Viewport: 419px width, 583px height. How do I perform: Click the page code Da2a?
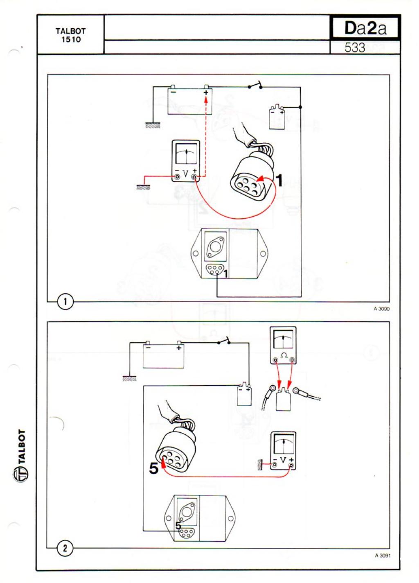tap(365, 28)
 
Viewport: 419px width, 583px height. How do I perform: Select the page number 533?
tap(354, 48)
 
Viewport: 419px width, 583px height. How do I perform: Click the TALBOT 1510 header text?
tap(70, 36)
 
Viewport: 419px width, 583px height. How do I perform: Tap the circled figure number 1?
tap(66, 302)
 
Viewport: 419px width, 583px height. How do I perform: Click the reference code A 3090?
tap(381, 309)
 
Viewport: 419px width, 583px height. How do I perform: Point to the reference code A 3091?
tap(382, 556)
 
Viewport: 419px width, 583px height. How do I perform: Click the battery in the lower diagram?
tap(163, 356)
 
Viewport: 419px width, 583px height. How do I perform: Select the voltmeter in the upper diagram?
tap(186, 161)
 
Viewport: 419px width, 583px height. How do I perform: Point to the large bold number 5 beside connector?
tap(154, 468)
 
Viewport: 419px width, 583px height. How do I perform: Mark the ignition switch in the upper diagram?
tap(255, 86)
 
